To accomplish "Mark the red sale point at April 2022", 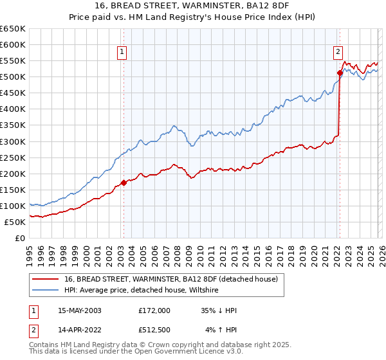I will pos(339,73).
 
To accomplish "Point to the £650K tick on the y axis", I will pos(13,29).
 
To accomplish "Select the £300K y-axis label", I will pos(13,141).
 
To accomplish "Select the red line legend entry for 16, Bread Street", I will pos(170,279).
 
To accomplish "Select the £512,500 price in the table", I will pos(154,330).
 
